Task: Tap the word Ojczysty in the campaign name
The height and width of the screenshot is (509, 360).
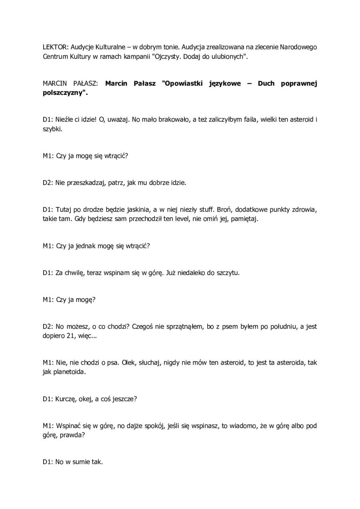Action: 169,57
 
